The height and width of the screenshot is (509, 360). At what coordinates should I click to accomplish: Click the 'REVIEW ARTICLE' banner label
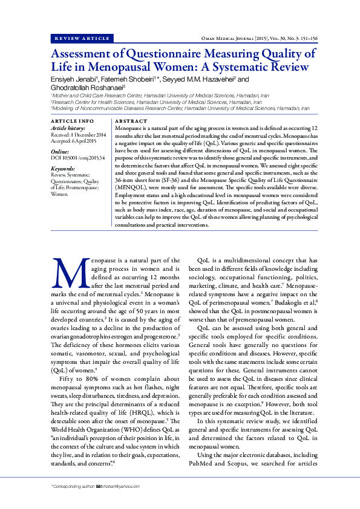pos(83,38)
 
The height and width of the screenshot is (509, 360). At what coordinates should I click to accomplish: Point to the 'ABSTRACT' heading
pos(131,122)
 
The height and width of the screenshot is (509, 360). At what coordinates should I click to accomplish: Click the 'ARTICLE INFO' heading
pos(72,122)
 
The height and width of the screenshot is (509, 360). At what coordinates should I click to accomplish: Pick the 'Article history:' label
pos(68,129)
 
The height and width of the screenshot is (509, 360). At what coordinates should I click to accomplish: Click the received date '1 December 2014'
pos(89,134)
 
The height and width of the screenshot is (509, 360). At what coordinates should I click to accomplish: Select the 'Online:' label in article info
pos(60,151)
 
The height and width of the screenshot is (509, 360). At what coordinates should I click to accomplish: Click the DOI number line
pos(78,157)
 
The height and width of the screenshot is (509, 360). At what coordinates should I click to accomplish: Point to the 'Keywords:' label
pos(63,169)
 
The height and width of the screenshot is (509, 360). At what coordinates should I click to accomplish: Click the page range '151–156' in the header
pos(307,38)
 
